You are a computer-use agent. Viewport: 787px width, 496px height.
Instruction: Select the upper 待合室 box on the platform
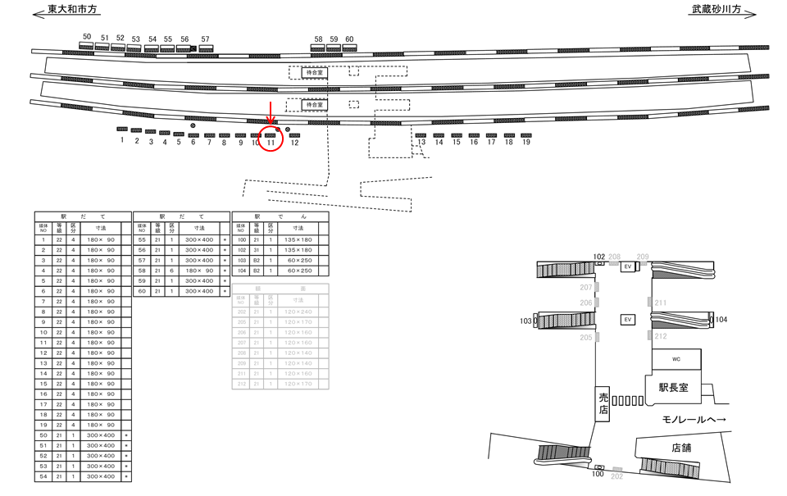point(314,72)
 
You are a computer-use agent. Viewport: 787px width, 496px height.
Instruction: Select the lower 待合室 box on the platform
point(314,105)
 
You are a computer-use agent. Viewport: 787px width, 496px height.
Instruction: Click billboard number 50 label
point(87,37)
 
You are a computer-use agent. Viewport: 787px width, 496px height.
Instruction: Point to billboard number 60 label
point(349,39)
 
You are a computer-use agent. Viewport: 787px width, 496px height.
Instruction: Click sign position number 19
point(526,143)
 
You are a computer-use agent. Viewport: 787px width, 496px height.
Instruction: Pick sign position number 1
point(121,141)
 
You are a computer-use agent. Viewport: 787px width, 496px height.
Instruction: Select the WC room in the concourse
point(676,359)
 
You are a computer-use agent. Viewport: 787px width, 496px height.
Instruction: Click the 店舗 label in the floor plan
point(681,448)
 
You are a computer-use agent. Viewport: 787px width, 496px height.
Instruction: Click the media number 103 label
point(525,321)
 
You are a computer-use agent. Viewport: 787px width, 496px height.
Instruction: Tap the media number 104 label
point(721,319)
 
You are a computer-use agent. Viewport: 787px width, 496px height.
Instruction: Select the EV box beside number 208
point(628,267)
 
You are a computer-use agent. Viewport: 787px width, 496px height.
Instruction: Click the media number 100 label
point(598,475)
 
